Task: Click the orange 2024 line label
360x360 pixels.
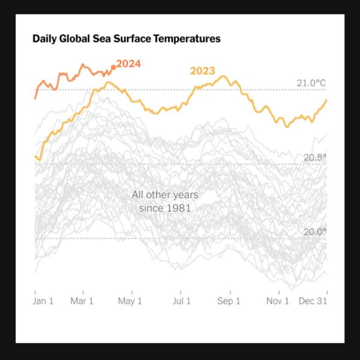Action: tap(128, 64)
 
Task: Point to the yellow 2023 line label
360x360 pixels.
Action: tap(203, 71)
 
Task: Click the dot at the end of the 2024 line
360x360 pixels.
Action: tap(113, 67)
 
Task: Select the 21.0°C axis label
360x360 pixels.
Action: tap(311, 83)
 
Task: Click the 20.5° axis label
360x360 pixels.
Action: tap(315, 157)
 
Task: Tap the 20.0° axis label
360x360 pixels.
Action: tap(315, 232)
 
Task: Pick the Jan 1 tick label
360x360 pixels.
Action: tap(43, 301)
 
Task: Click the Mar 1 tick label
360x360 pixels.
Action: tap(82, 301)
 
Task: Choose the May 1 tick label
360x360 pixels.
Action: tap(131, 301)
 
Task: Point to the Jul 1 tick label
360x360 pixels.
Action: tap(181, 301)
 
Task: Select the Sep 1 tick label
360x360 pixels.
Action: tap(229, 301)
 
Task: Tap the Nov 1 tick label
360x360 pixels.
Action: tap(278, 301)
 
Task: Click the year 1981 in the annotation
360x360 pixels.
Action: tap(179, 208)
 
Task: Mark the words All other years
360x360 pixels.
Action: tap(165, 195)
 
